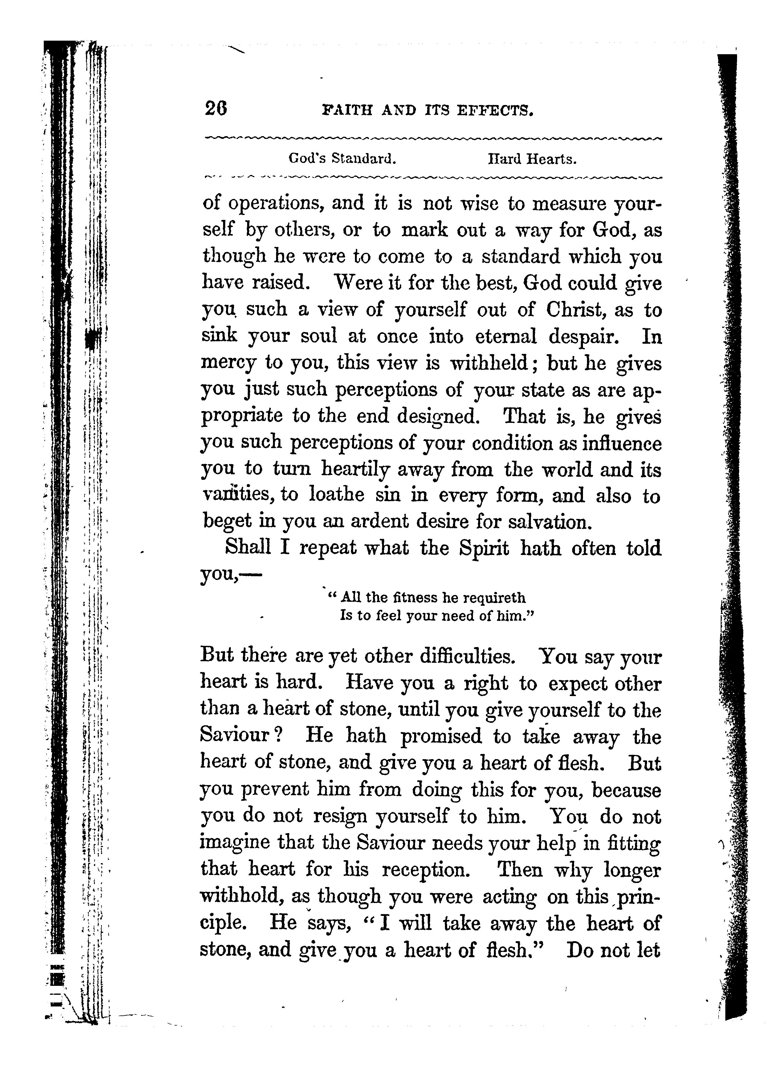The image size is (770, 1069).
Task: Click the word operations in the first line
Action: (x=275, y=204)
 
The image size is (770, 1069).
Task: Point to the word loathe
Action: (x=337, y=495)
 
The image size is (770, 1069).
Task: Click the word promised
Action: (x=441, y=736)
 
